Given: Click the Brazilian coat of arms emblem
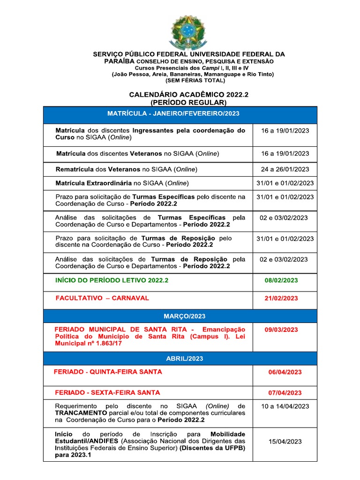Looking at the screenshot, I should click(187, 32).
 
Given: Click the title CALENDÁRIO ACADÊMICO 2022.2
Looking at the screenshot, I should click(188, 95).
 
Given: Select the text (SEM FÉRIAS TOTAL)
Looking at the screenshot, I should click(188, 81).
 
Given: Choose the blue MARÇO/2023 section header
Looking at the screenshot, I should click(180, 316).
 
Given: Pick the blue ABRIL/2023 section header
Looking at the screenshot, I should click(180, 359).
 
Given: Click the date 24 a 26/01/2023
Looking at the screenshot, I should click(285, 169).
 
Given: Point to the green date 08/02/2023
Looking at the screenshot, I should click(281, 281).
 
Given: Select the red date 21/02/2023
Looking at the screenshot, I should click(281, 299).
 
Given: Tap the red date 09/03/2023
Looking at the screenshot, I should click(281, 330).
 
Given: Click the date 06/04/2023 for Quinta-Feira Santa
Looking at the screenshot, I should click(285, 372).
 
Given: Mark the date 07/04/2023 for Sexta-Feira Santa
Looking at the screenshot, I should click(285, 393).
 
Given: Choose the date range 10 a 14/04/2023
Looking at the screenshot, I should click(285, 406).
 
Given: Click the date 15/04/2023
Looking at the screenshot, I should click(285, 442).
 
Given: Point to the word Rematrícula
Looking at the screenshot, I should click(74, 169).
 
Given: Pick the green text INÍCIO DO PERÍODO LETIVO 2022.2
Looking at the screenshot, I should click(112, 280).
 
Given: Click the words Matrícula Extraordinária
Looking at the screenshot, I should click(94, 183).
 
